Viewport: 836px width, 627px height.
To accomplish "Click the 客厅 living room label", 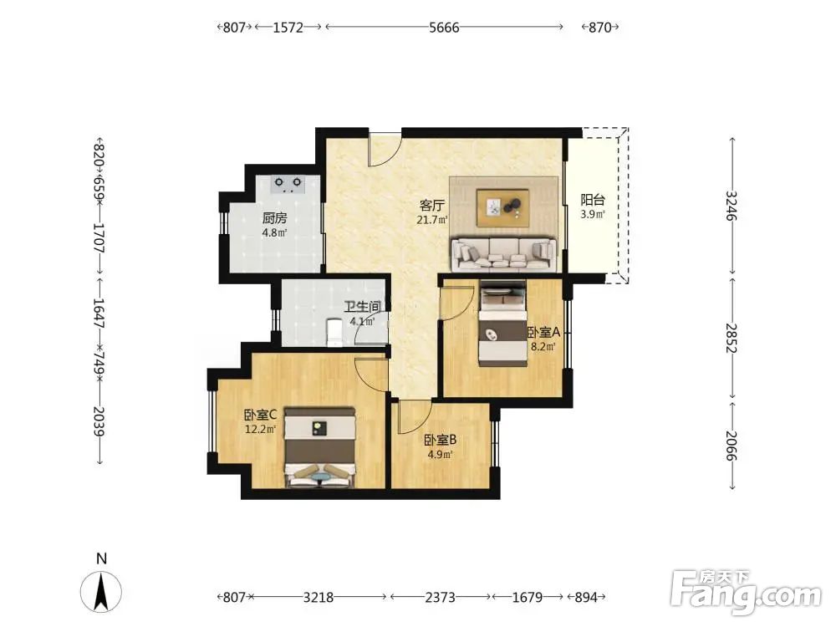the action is click(x=432, y=206).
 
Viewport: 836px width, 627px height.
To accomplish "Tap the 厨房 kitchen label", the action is click(x=274, y=218).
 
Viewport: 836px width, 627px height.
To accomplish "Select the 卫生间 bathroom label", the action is click(x=362, y=307).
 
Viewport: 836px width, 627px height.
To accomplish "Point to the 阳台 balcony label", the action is click(x=593, y=200).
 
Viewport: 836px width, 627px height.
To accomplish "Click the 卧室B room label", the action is click(x=440, y=440).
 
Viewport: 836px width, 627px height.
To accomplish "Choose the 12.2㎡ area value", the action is click(x=260, y=429).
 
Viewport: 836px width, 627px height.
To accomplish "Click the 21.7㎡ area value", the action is click(x=432, y=219).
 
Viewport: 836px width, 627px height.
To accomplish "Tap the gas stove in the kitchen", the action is click(x=288, y=184).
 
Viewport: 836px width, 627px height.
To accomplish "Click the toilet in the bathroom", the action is click(x=334, y=332).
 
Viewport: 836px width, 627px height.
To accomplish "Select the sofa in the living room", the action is click(x=503, y=254).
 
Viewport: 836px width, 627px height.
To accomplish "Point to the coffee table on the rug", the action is click(x=503, y=207).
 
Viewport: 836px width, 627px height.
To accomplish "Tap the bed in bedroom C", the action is click(x=320, y=447).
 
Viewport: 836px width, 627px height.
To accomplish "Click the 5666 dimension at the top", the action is click(x=444, y=28).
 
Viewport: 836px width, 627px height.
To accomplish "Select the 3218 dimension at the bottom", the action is click(x=319, y=597).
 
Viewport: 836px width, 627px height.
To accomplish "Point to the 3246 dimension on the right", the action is click(x=732, y=206).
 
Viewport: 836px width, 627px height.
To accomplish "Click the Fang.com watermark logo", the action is click(x=746, y=594).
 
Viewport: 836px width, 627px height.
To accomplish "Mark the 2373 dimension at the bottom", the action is click(x=440, y=597).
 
